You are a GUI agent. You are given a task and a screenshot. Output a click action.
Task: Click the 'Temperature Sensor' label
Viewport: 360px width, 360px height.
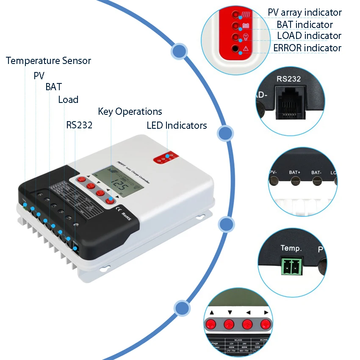click(x=48, y=61)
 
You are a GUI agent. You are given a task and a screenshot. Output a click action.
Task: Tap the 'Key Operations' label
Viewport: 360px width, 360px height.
click(x=130, y=111)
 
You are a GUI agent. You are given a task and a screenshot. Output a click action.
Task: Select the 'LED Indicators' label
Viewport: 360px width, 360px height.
click(x=177, y=125)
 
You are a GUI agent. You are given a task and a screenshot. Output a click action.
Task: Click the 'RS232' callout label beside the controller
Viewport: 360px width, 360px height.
click(x=79, y=125)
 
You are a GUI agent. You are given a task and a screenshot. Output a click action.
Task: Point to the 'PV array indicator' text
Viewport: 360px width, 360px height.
click(x=305, y=13)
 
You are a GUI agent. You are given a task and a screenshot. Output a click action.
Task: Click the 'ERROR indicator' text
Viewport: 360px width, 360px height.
click(x=307, y=48)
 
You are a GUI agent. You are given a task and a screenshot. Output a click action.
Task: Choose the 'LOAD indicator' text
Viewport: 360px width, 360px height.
click(x=309, y=36)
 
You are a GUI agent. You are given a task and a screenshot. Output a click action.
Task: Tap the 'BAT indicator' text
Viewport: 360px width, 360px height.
click(x=305, y=25)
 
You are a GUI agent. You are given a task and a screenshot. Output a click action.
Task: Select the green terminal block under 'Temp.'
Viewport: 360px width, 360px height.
click(x=292, y=266)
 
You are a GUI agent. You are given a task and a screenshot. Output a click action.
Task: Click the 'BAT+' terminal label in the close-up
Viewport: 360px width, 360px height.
click(x=295, y=172)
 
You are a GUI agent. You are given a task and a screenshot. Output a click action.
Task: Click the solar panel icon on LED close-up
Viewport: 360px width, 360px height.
click(x=246, y=14)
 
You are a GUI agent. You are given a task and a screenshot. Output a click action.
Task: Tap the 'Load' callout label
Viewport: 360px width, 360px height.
click(x=68, y=100)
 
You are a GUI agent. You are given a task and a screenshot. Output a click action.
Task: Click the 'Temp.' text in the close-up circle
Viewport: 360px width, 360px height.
click(x=291, y=248)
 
